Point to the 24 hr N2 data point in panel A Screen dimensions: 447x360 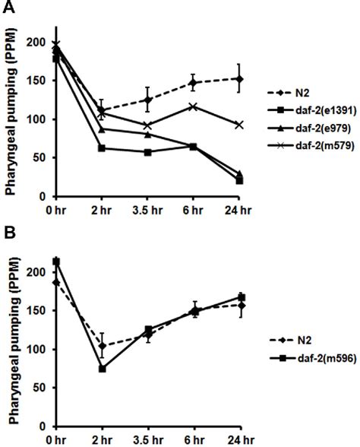coord(239,79)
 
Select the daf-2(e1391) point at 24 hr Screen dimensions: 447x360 coord(239,181)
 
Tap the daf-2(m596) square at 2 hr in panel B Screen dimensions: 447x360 coord(102,369)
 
